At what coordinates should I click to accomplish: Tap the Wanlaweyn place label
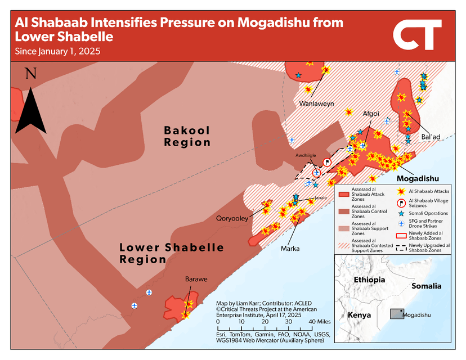[316, 104]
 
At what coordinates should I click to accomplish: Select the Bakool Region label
[187, 136]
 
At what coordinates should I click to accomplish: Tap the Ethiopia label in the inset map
[369, 280]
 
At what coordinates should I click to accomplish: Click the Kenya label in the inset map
[359, 315]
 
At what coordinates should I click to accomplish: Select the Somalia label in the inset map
[427, 286]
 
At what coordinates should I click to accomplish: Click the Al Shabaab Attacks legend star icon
[401, 192]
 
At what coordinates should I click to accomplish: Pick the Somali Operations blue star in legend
[401, 214]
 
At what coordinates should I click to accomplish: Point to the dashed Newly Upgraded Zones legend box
[401, 246]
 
